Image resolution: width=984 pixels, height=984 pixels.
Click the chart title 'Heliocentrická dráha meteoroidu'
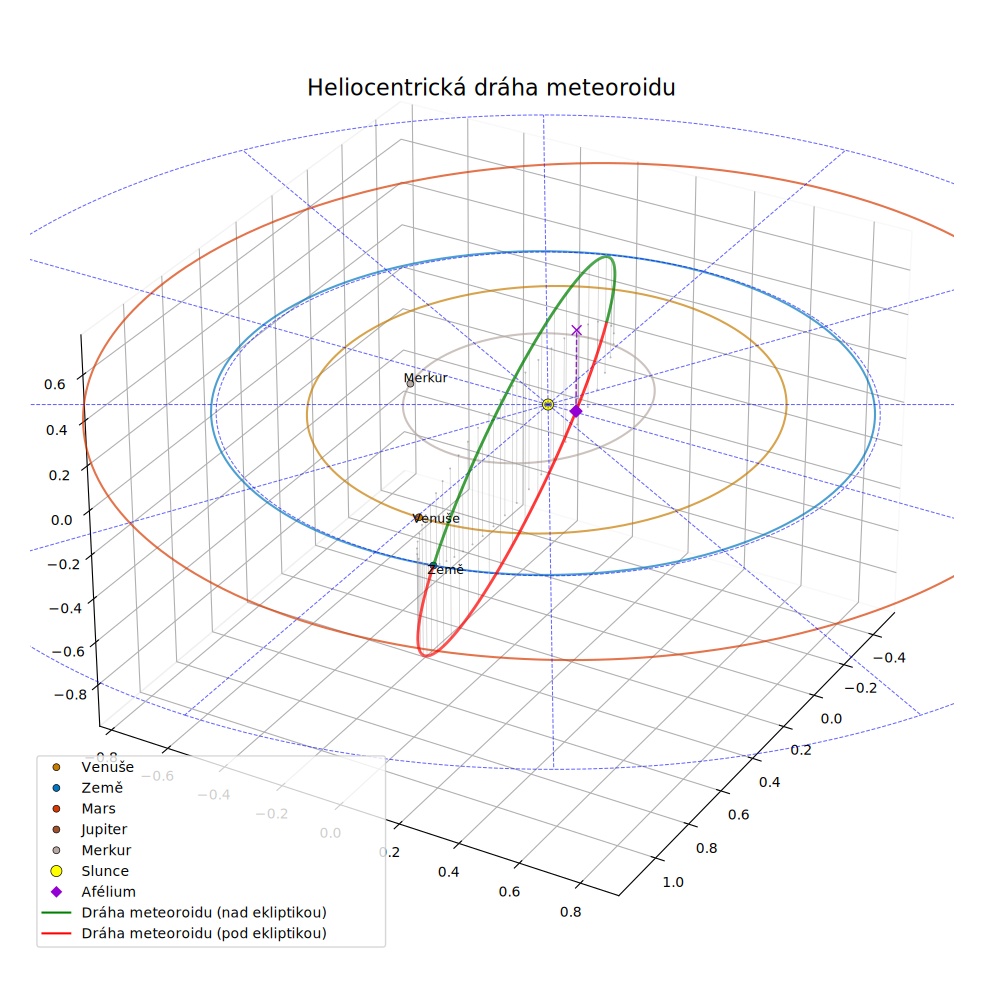[491, 87]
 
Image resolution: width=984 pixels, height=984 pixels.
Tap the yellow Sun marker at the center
[548, 405]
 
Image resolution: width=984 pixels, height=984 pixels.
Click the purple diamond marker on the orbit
[576, 411]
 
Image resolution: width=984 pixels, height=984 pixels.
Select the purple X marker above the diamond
[577, 330]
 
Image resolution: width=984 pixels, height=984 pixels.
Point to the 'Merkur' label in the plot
[425, 378]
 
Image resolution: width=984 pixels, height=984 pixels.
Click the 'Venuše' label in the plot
[437, 518]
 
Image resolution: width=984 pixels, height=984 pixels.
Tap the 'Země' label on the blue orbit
[446, 569]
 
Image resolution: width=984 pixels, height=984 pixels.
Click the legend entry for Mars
[99, 808]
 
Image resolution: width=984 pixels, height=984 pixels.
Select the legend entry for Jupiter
[104, 829]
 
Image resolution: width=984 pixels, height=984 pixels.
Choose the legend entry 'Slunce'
[105, 870]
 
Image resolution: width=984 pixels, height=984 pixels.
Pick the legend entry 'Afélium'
[109, 891]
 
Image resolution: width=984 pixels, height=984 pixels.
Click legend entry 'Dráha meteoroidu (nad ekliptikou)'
[204, 912]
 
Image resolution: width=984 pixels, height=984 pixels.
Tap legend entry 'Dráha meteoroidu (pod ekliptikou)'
[204, 933]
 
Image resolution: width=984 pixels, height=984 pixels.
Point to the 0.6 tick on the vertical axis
[55, 384]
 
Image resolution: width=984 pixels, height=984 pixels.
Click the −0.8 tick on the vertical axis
[70, 694]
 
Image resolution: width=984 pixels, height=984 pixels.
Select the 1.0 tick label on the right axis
[673, 882]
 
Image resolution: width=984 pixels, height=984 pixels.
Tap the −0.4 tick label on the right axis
[889, 658]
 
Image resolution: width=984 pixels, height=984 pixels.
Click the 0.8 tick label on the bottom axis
[570, 912]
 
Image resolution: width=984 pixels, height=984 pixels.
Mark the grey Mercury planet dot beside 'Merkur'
[410, 383]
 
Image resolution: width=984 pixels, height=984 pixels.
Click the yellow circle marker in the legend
[56, 871]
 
